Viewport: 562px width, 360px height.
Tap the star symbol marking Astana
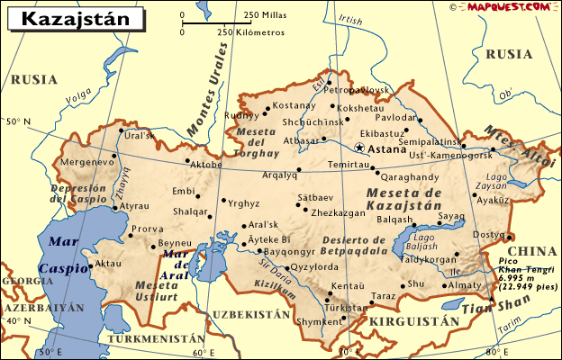[x=360, y=147]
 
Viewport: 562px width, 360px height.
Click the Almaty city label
[x=466, y=284]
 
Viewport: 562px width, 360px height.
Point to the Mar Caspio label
[x=64, y=254]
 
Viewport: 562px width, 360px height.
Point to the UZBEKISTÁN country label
[x=252, y=314]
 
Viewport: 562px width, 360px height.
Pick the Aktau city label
[x=106, y=264]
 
